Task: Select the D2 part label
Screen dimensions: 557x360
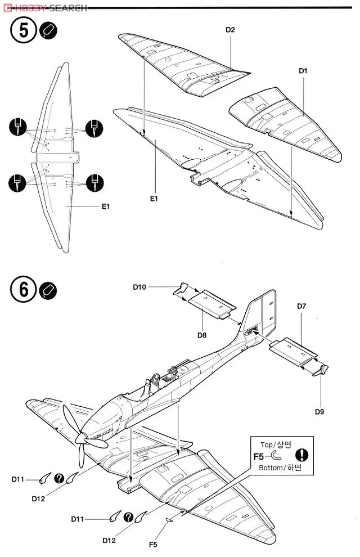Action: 230,30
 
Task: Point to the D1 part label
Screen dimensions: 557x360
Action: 303,71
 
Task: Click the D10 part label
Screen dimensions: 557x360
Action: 139,287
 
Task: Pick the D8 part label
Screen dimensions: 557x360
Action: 202,335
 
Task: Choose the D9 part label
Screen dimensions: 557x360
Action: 319,411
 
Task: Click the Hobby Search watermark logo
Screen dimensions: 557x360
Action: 45,7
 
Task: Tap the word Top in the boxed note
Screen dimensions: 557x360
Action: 268,444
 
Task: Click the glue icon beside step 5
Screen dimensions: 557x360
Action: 49,31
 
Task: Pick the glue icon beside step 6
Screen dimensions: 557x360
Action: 49,290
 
